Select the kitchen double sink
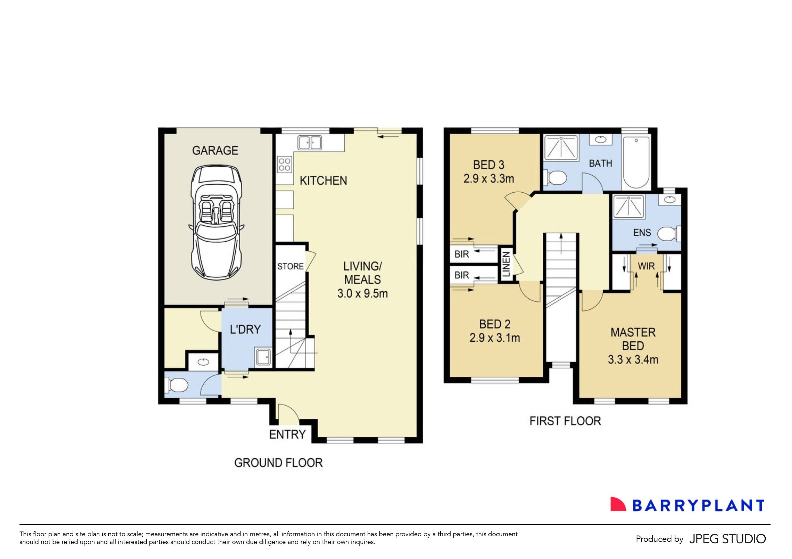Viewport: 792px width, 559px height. coord(310,142)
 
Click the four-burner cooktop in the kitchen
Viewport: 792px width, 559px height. coord(284,164)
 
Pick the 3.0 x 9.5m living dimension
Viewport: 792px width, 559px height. coord(362,294)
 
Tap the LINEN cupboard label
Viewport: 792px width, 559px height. coord(506,265)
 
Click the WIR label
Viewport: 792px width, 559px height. coord(646,266)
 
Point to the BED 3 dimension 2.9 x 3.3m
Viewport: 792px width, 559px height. coord(489,179)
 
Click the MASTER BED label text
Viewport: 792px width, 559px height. coord(633,339)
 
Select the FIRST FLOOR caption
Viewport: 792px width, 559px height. coord(565,421)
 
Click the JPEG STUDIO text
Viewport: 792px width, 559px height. coord(727,539)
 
